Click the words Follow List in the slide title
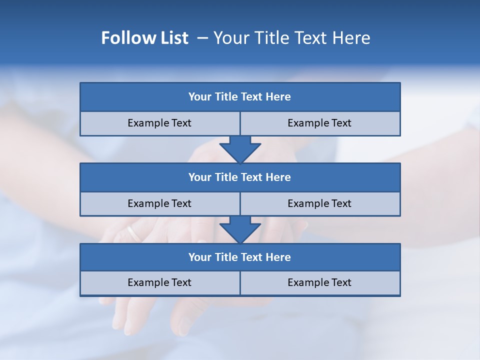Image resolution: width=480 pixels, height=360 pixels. pos(144,38)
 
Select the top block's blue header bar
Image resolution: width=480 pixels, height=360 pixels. pos(240,97)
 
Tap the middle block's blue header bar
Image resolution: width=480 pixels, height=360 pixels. pos(240,177)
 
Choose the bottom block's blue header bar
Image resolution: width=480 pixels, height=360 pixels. pos(240,257)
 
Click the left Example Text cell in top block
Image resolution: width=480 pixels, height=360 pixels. pos(160,123)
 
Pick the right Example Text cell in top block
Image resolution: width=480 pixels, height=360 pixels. pos(320,123)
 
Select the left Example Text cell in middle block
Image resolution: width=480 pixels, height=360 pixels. pos(160,204)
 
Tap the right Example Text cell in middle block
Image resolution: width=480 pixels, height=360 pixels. pos(320,204)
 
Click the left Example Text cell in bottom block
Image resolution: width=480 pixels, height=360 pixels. pos(160,283)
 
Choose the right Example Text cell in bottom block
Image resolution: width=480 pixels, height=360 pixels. pos(320,283)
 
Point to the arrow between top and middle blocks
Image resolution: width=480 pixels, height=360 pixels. pos(240,149)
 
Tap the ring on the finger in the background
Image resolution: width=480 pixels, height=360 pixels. pos(133,233)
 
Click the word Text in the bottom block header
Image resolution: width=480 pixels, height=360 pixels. pos(252,257)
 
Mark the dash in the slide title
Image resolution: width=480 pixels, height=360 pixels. pos(202,38)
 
